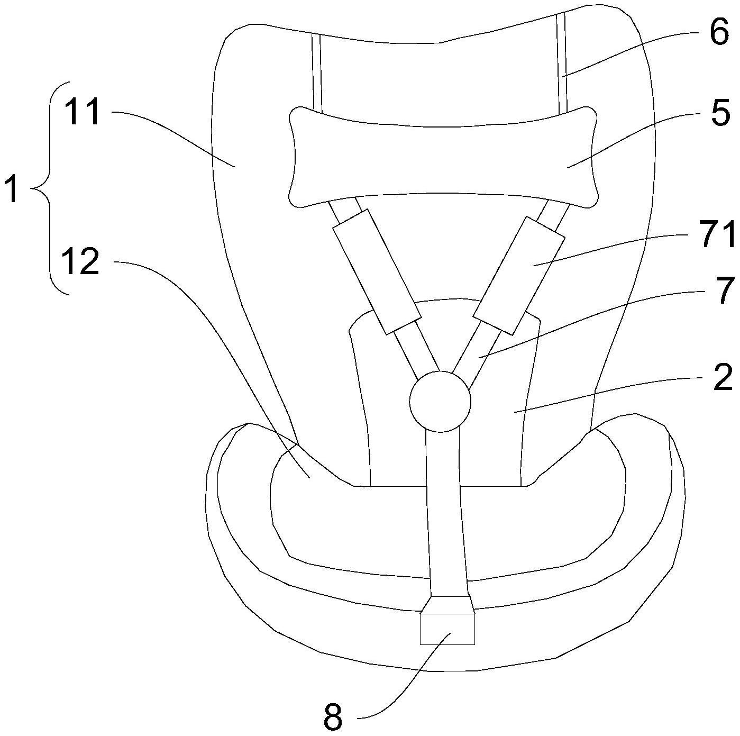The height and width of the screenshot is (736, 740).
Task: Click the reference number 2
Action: coord(723,376)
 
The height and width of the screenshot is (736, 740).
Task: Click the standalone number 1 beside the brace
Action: coord(11,190)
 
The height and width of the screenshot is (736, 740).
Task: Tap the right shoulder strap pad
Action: coord(519,275)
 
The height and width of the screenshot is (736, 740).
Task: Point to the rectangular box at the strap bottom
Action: coord(447,629)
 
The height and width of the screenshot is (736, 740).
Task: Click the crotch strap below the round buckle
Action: coord(447,508)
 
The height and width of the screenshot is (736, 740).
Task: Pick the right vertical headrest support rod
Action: coord(561,63)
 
